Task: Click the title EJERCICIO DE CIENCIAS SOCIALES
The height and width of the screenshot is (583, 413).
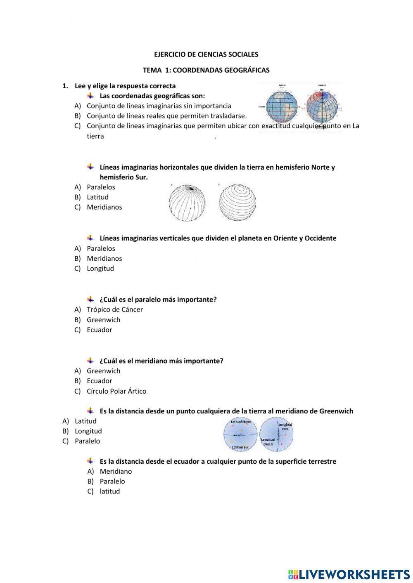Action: point(206,54)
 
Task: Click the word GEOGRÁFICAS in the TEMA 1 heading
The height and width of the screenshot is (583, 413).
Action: point(247,70)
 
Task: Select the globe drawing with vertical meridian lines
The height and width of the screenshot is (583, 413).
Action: point(187,203)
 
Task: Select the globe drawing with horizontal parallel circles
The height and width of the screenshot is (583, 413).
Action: point(237,202)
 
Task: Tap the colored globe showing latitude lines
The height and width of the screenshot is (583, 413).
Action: point(282,106)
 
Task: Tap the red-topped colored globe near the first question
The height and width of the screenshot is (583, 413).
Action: point(322,106)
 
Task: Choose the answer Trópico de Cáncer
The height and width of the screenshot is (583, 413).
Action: point(114,309)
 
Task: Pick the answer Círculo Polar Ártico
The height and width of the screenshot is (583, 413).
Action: point(116,391)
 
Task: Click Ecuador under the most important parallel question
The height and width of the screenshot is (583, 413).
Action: point(99,330)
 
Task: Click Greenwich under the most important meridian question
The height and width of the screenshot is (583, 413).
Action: point(103,371)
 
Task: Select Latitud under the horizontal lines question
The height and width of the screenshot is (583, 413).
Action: point(97,197)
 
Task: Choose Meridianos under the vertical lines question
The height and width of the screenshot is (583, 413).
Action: point(104,259)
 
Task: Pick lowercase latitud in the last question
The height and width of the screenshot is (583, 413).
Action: point(109,491)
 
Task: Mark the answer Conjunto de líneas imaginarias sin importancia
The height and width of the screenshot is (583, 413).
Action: point(159,106)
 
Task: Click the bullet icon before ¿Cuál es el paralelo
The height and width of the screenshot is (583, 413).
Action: point(90,299)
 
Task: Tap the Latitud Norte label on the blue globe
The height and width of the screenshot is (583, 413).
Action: point(241,422)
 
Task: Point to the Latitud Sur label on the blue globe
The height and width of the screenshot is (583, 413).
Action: point(240,447)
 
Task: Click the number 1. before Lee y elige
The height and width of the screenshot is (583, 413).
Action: point(65,86)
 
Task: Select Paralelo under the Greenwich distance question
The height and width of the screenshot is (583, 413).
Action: point(87,441)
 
